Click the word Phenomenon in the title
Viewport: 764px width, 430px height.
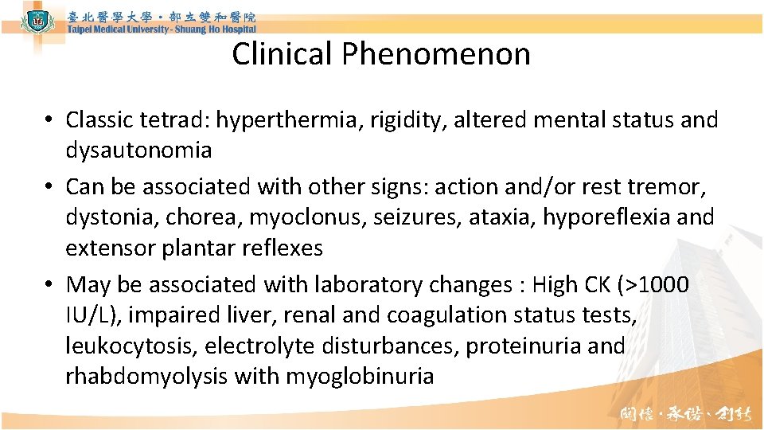click(x=436, y=54)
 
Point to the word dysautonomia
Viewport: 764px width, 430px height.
click(x=138, y=150)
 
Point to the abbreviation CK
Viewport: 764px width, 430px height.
click(x=594, y=284)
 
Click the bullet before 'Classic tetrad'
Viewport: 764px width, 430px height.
click(x=49, y=121)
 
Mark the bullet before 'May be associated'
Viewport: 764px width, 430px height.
click(x=49, y=285)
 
